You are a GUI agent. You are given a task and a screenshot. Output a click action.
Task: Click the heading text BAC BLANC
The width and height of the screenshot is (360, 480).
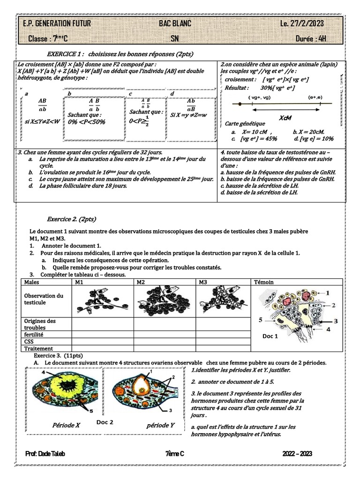coord(175,24)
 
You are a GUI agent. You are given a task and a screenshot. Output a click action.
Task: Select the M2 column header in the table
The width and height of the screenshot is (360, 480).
coord(141,282)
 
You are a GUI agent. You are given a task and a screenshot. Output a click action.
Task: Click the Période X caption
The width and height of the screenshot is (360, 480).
coord(66,425)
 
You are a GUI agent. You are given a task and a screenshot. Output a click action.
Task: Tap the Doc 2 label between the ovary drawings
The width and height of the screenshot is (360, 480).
coord(105,422)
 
